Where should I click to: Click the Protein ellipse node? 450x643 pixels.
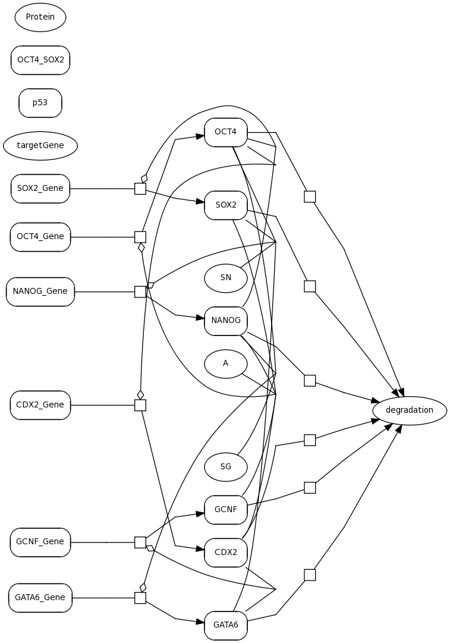(40, 17)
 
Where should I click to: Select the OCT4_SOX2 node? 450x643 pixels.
(40, 60)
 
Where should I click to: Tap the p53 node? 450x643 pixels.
(40, 103)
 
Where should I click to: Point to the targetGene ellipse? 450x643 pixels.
(40, 146)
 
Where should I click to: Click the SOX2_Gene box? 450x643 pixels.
(40, 189)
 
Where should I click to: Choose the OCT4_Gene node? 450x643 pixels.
(40, 237)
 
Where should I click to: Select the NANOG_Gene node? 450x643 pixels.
(40, 291)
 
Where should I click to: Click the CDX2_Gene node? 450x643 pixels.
(40, 405)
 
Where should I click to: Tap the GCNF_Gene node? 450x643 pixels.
(40, 542)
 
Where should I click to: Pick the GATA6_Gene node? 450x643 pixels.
(40, 598)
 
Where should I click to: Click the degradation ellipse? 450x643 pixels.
(410, 410)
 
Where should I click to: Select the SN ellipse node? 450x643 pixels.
(226, 278)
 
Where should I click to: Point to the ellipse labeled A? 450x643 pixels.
(226, 363)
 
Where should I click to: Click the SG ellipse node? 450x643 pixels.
(226, 467)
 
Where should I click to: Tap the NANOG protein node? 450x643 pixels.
(226, 321)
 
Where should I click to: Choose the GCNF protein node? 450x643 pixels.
(226, 510)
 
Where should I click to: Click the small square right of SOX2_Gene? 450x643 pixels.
(140, 189)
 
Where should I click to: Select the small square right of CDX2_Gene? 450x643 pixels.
(140, 405)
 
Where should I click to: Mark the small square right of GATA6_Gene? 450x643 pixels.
(140, 598)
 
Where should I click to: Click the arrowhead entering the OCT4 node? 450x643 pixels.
(200, 136)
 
